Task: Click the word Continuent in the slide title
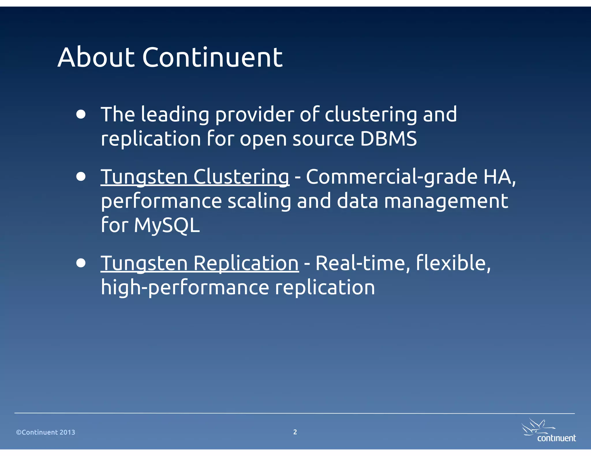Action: point(212,58)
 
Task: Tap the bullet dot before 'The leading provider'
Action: point(81,114)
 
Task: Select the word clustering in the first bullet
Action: point(371,115)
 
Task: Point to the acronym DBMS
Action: point(388,139)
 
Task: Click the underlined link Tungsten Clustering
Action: point(195,176)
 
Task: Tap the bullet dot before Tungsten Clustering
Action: point(81,176)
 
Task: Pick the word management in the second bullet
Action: point(446,201)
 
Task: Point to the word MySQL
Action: point(167,225)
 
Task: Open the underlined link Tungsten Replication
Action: point(199,263)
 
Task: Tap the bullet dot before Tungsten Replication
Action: point(81,263)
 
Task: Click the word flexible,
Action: point(453,263)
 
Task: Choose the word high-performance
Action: point(185,288)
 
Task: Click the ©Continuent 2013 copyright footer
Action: point(46,432)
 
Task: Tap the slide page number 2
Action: point(295,432)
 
